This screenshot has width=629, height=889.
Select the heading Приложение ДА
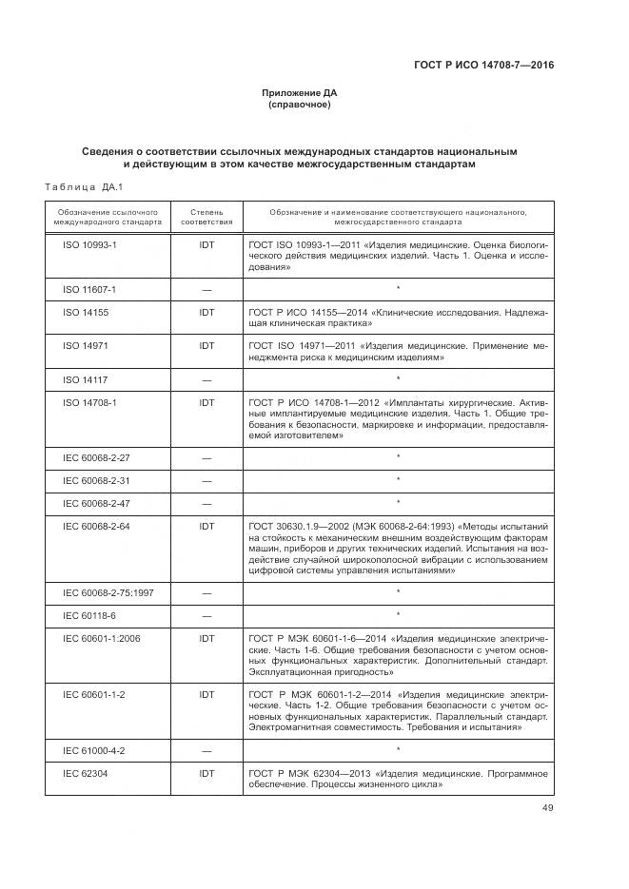click(300, 92)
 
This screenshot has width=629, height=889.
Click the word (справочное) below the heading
click(300, 105)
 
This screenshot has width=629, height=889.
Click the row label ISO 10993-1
click(89, 244)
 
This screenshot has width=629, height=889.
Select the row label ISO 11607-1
click(89, 289)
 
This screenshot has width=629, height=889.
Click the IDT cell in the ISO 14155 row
click(206, 312)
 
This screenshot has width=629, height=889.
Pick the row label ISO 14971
click(86, 345)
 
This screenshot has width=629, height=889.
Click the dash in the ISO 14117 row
click(206, 379)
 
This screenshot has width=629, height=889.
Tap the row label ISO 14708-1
click(89, 402)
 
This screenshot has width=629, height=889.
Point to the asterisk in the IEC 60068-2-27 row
click(398, 457)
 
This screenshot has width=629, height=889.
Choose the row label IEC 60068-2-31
click(96, 480)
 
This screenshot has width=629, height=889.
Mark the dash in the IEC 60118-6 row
click(206, 616)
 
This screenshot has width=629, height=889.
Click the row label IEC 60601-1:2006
click(101, 638)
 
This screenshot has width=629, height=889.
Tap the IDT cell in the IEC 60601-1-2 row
click(206, 694)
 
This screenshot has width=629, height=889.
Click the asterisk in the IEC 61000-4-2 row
click(398, 750)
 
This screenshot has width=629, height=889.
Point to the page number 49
click(547, 808)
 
